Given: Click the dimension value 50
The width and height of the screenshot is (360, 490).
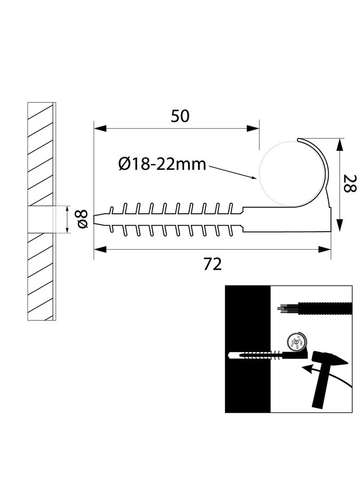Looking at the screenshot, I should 180,116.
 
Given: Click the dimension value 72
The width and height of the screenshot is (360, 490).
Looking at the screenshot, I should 212,264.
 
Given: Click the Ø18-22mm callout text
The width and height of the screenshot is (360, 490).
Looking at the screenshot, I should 162,164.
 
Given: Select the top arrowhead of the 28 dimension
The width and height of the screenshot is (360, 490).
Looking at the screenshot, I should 339,144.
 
